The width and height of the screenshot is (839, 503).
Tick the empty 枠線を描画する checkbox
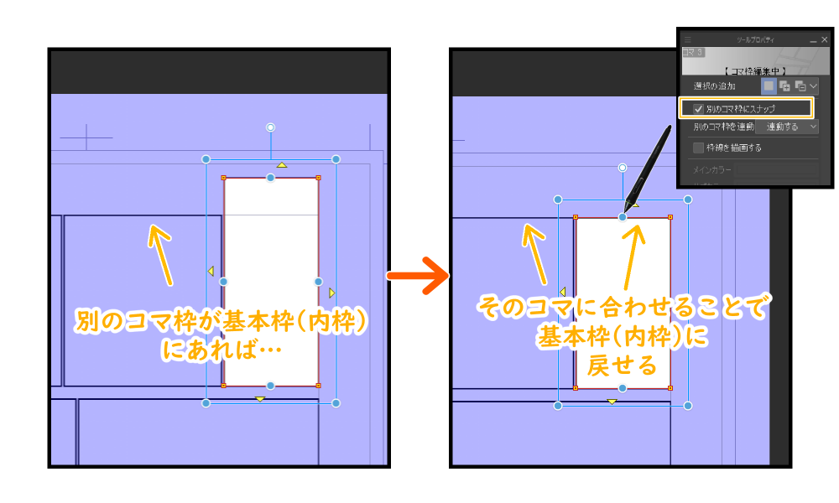[x=698, y=148]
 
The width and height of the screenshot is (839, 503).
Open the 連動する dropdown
[x=792, y=127]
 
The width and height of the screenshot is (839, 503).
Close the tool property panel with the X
[x=824, y=39]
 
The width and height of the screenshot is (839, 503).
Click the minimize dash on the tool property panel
[x=812, y=40]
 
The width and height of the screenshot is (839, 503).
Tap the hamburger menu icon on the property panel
[x=688, y=39]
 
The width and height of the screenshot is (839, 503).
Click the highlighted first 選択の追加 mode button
[x=769, y=86]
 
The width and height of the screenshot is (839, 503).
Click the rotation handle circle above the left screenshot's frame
[x=270, y=127]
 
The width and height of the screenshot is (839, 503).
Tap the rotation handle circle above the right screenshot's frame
[x=623, y=168]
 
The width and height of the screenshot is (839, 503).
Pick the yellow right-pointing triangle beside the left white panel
[x=332, y=293]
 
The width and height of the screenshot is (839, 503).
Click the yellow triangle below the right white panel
[x=612, y=402]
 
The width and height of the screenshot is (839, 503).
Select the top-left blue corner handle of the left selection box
[x=206, y=158]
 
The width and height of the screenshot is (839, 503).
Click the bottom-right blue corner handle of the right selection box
[x=688, y=406]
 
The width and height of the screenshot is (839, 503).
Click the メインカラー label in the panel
[x=711, y=170]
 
